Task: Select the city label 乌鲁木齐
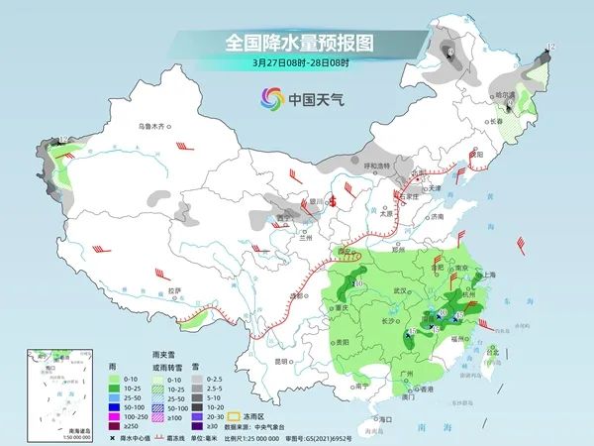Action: pos(154,127)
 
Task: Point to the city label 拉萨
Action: pos(174,290)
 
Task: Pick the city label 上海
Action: pos(488,275)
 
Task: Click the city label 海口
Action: pos(372,419)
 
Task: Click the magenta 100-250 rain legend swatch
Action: pos(113,415)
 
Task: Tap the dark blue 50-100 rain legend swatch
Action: pos(113,406)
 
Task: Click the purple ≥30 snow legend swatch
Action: pos(198,425)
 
